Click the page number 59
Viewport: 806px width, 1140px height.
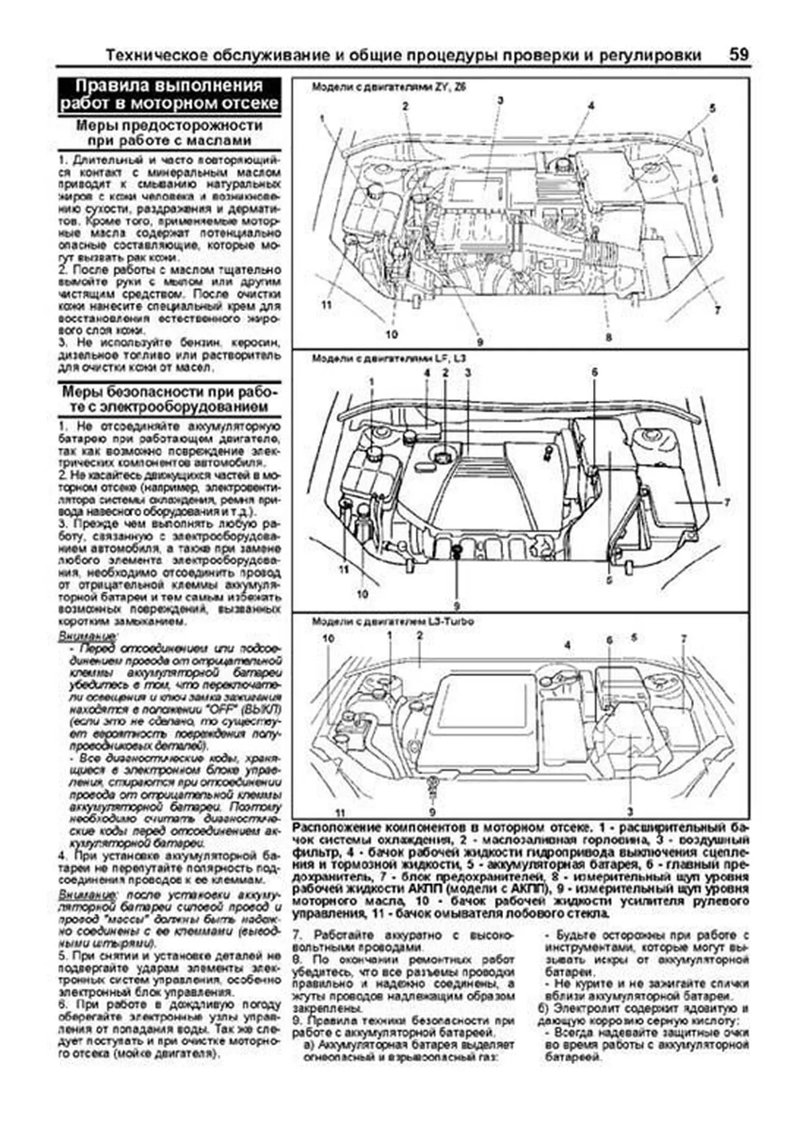tap(738, 54)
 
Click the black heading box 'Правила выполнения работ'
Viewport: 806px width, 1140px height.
tap(169, 95)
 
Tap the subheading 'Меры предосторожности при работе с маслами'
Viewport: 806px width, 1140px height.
tap(169, 133)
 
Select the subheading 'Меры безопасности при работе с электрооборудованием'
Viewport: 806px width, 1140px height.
tap(169, 400)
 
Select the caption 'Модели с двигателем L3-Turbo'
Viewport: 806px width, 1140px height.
tap(392, 621)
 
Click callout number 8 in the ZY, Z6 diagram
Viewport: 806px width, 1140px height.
tap(609, 337)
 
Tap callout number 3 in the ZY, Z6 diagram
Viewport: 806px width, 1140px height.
tap(500, 100)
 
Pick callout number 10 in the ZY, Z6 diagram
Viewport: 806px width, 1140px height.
tap(392, 334)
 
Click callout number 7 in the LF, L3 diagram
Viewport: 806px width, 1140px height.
tap(726, 502)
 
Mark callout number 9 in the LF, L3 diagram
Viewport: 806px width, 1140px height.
tap(456, 603)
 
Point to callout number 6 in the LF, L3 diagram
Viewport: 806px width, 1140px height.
tap(594, 371)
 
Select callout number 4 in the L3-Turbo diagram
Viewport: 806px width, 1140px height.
tap(568, 645)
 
